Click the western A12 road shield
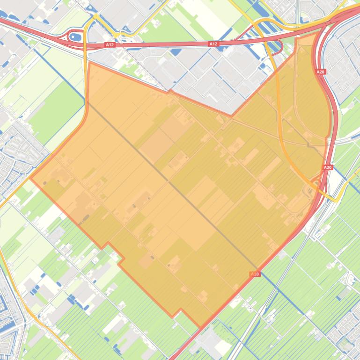point(110,45)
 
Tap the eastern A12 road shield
point(213,44)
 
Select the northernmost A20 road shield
point(321,72)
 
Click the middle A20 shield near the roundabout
point(328,167)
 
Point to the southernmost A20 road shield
point(255,274)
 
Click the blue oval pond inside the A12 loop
point(75,36)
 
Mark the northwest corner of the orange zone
point(89,63)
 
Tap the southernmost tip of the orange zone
point(201,328)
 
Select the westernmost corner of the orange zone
point(30,177)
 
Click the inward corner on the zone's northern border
point(231,115)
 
